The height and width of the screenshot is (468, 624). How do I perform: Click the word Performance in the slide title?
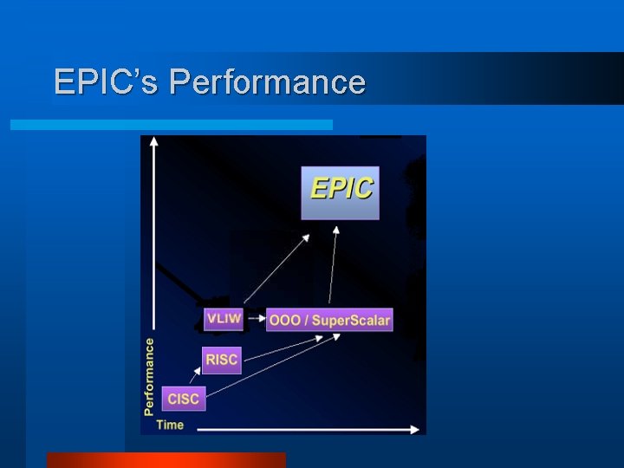click(x=268, y=81)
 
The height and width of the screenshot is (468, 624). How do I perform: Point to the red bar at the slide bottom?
click(x=166, y=459)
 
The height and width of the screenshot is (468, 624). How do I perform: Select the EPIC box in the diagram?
click(x=340, y=191)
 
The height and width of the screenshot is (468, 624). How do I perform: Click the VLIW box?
click(x=224, y=318)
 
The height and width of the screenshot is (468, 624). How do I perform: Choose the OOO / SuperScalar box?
click(x=329, y=320)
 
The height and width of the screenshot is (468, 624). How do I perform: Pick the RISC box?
click(x=222, y=360)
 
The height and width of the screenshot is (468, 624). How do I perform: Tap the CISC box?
click(x=183, y=399)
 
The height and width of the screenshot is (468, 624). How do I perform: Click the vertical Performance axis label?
click(x=149, y=375)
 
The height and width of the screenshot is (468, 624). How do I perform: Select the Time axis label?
click(x=170, y=425)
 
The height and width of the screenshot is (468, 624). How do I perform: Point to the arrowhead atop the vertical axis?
click(x=153, y=140)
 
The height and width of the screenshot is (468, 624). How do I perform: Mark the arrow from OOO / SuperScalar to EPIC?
click(x=332, y=264)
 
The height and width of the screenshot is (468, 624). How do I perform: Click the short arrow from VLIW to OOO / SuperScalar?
click(x=256, y=319)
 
